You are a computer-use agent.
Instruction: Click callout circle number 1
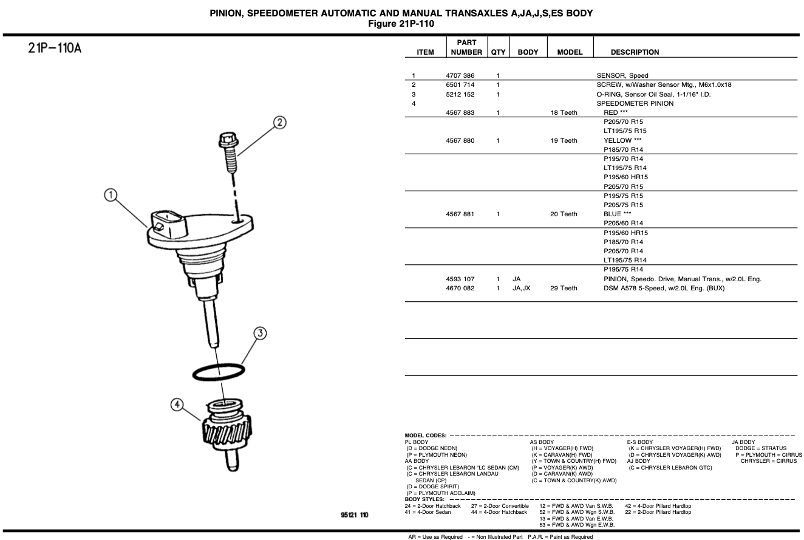click(110, 196)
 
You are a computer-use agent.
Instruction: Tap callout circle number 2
click(279, 123)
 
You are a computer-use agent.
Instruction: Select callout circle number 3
click(259, 333)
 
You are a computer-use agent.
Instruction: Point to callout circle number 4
click(177, 405)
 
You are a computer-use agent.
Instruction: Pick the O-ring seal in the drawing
click(219, 371)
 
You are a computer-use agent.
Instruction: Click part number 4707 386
click(460, 76)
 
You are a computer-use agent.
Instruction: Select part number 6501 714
click(460, 85)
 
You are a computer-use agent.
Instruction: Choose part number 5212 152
click(460, 94)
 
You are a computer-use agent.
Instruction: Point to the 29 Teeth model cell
click(564, 289)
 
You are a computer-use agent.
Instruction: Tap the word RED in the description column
click(610, 112)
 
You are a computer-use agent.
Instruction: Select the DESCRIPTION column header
click(635, 52)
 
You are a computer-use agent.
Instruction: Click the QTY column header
click(498, 52)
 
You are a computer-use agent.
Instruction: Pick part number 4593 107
click(460, 279)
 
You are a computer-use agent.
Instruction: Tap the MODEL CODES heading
click(425, 436)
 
